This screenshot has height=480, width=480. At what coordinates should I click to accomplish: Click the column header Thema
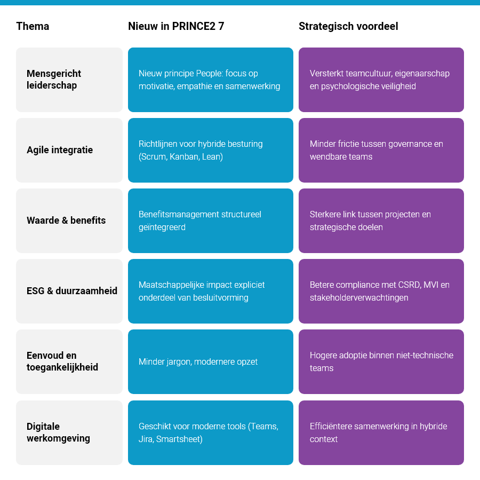33,26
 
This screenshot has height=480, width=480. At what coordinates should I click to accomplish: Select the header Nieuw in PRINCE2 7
176,26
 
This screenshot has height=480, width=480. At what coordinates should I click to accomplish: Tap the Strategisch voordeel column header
348,26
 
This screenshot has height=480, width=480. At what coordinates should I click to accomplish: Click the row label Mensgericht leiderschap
54,80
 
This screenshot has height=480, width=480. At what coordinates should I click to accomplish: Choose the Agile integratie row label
60,150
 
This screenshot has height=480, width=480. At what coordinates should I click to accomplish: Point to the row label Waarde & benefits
66,221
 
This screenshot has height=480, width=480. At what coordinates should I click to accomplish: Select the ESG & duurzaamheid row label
72,291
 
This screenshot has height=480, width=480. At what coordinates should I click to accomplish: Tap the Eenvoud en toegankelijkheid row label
62,361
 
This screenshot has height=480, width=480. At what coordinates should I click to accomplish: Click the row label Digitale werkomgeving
58,432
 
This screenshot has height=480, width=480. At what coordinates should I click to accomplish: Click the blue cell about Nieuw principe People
210,80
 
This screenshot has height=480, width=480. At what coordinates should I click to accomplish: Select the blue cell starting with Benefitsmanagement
210,221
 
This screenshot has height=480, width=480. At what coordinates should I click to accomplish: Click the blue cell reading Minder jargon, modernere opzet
210,361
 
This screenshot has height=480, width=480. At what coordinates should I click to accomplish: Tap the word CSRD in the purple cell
409,285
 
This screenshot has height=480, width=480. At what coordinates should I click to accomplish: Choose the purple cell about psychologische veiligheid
381,80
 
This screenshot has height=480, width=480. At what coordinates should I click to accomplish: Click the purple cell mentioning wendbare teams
381,150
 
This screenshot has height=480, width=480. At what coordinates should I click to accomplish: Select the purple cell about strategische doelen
381,221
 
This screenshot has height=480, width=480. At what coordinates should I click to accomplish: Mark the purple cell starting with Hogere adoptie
381,361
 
